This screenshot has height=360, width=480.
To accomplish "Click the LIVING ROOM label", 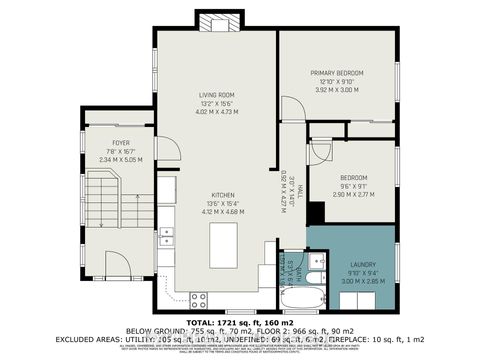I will (216, 95).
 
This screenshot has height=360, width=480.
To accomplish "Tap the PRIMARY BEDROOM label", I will (336, 73).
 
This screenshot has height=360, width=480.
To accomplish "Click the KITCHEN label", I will (222, 196).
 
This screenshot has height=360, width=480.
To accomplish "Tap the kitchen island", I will (223, 238).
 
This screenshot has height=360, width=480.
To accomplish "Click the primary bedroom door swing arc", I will (319, 151).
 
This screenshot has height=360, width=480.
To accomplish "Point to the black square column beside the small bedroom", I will (315, 214).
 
